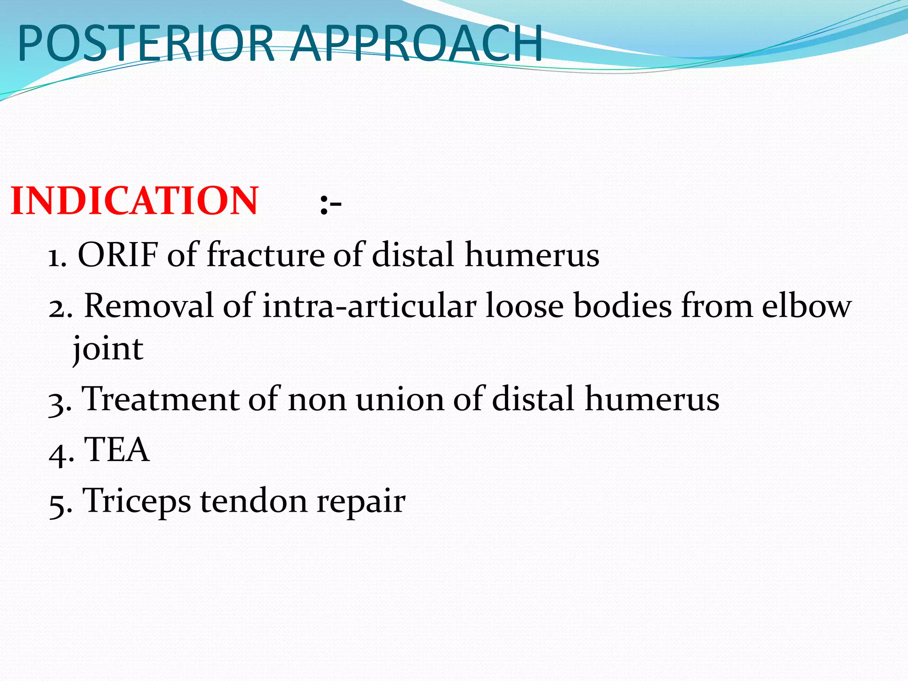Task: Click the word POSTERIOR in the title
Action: coord(146,43)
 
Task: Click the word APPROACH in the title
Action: coord(417,43)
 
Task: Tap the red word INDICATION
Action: coord(134,201)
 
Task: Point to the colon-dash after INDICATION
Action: coord(331,205)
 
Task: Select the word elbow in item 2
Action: coord(806,306)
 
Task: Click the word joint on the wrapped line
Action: coord(108,349)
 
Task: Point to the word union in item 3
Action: coord(399,399)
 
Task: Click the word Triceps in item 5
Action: coord(137,501)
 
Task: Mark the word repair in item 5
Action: coord(361,502)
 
